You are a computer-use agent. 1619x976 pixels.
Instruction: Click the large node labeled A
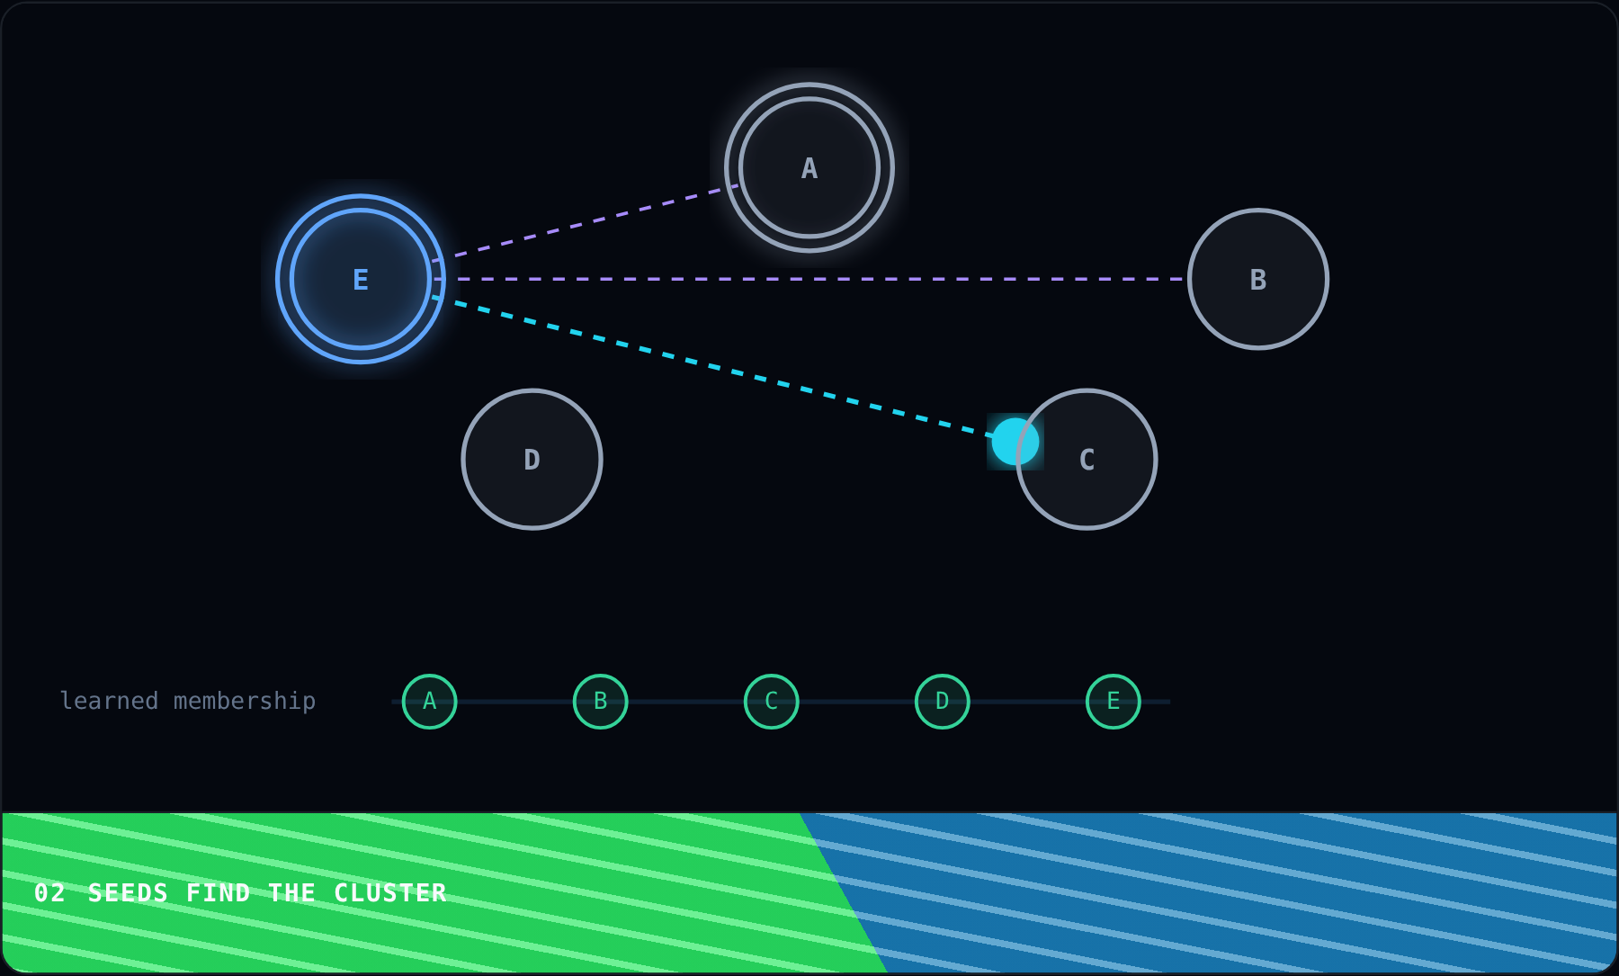point(809,167)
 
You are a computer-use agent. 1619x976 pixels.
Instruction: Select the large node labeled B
point(1258,279)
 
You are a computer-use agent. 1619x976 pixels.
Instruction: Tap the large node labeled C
point(1087,459)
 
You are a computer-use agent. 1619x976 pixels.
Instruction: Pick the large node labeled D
point(532,459)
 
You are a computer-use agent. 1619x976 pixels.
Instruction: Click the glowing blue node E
point(361,279)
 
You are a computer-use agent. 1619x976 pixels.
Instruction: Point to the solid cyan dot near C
point(1015,442)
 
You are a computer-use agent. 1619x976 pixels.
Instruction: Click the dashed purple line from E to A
point(586,223)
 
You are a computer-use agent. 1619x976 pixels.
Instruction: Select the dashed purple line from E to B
point(809,279)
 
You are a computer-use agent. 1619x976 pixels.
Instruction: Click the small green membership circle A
point(429,702)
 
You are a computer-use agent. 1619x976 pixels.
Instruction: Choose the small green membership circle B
point(600,702)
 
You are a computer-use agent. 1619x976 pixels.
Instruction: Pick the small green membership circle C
point(771,702)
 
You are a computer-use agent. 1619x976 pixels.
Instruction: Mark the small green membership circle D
point(942,702)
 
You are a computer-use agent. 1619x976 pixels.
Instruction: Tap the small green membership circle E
point(1113,702)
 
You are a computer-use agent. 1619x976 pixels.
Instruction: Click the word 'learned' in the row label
point(109,701)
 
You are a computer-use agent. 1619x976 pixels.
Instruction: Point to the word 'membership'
point(245,702)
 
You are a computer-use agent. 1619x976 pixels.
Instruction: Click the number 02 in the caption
point(49,893)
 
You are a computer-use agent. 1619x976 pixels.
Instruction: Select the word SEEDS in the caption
point(128,893)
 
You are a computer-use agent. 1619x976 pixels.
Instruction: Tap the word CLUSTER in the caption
point(390,893)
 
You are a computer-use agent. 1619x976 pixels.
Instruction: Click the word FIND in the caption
point(218,893)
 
